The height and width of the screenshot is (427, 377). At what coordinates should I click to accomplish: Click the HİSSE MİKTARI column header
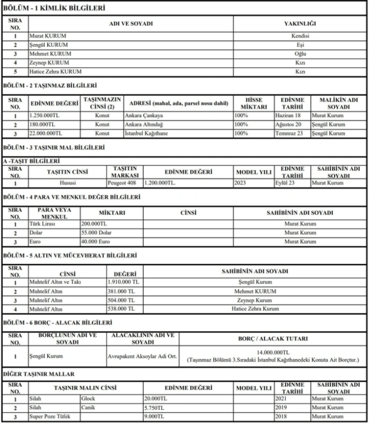[256, 103]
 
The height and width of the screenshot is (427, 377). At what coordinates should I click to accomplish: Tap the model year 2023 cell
[253, 183]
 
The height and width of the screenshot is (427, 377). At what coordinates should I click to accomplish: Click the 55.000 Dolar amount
[97, 233]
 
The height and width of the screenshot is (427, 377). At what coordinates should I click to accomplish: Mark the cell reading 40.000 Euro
[97, 241]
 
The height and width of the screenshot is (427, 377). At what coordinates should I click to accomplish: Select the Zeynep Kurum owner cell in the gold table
[254, 300]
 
